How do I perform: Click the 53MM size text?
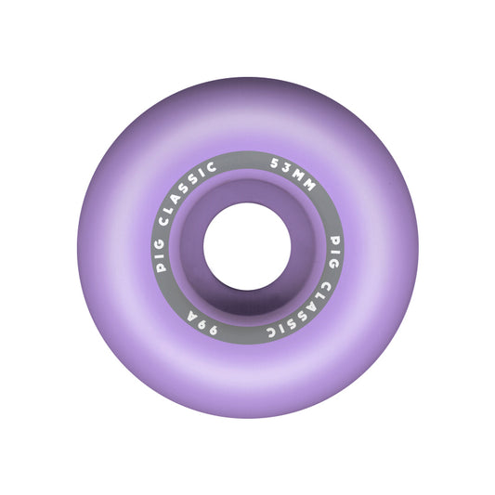click(293, 174)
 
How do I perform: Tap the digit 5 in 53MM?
click(274, 163)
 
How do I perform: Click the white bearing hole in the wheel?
click(247, 246)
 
